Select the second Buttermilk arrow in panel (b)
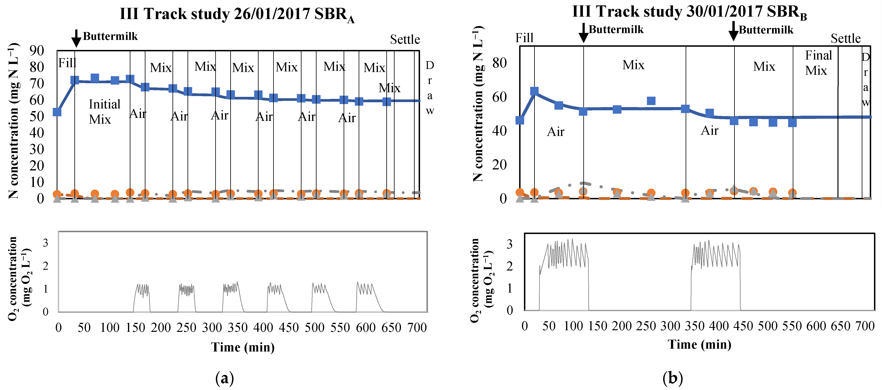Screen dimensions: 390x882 coord(733,31)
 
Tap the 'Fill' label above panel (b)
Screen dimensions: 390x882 coord(524,38)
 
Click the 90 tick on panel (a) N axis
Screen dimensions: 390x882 coord(37,51)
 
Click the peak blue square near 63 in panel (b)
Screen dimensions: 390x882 coord(534,91)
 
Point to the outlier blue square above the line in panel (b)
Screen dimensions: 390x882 coord(651,101)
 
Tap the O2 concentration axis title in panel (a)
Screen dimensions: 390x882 coord(19,278)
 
